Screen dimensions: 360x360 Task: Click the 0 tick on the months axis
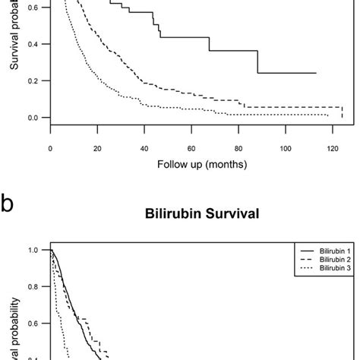click(x=50, y=149)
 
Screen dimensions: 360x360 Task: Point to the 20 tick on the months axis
click(x=97, y=149)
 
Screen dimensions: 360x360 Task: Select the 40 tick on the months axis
click(x=144, y=149)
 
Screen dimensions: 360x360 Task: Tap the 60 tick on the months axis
click(x=191, y=149)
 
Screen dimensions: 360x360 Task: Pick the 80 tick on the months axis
click(x=238, y=149)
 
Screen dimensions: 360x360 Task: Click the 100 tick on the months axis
click(x=285, y=149)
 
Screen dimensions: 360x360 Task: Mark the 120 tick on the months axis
click(x=332, y=149)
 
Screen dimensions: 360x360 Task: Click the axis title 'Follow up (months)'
click(x=191, y=164)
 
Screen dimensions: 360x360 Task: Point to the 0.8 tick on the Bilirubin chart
click(x=33, y=287)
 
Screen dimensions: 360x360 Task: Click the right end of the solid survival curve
click(x=316, y=73)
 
